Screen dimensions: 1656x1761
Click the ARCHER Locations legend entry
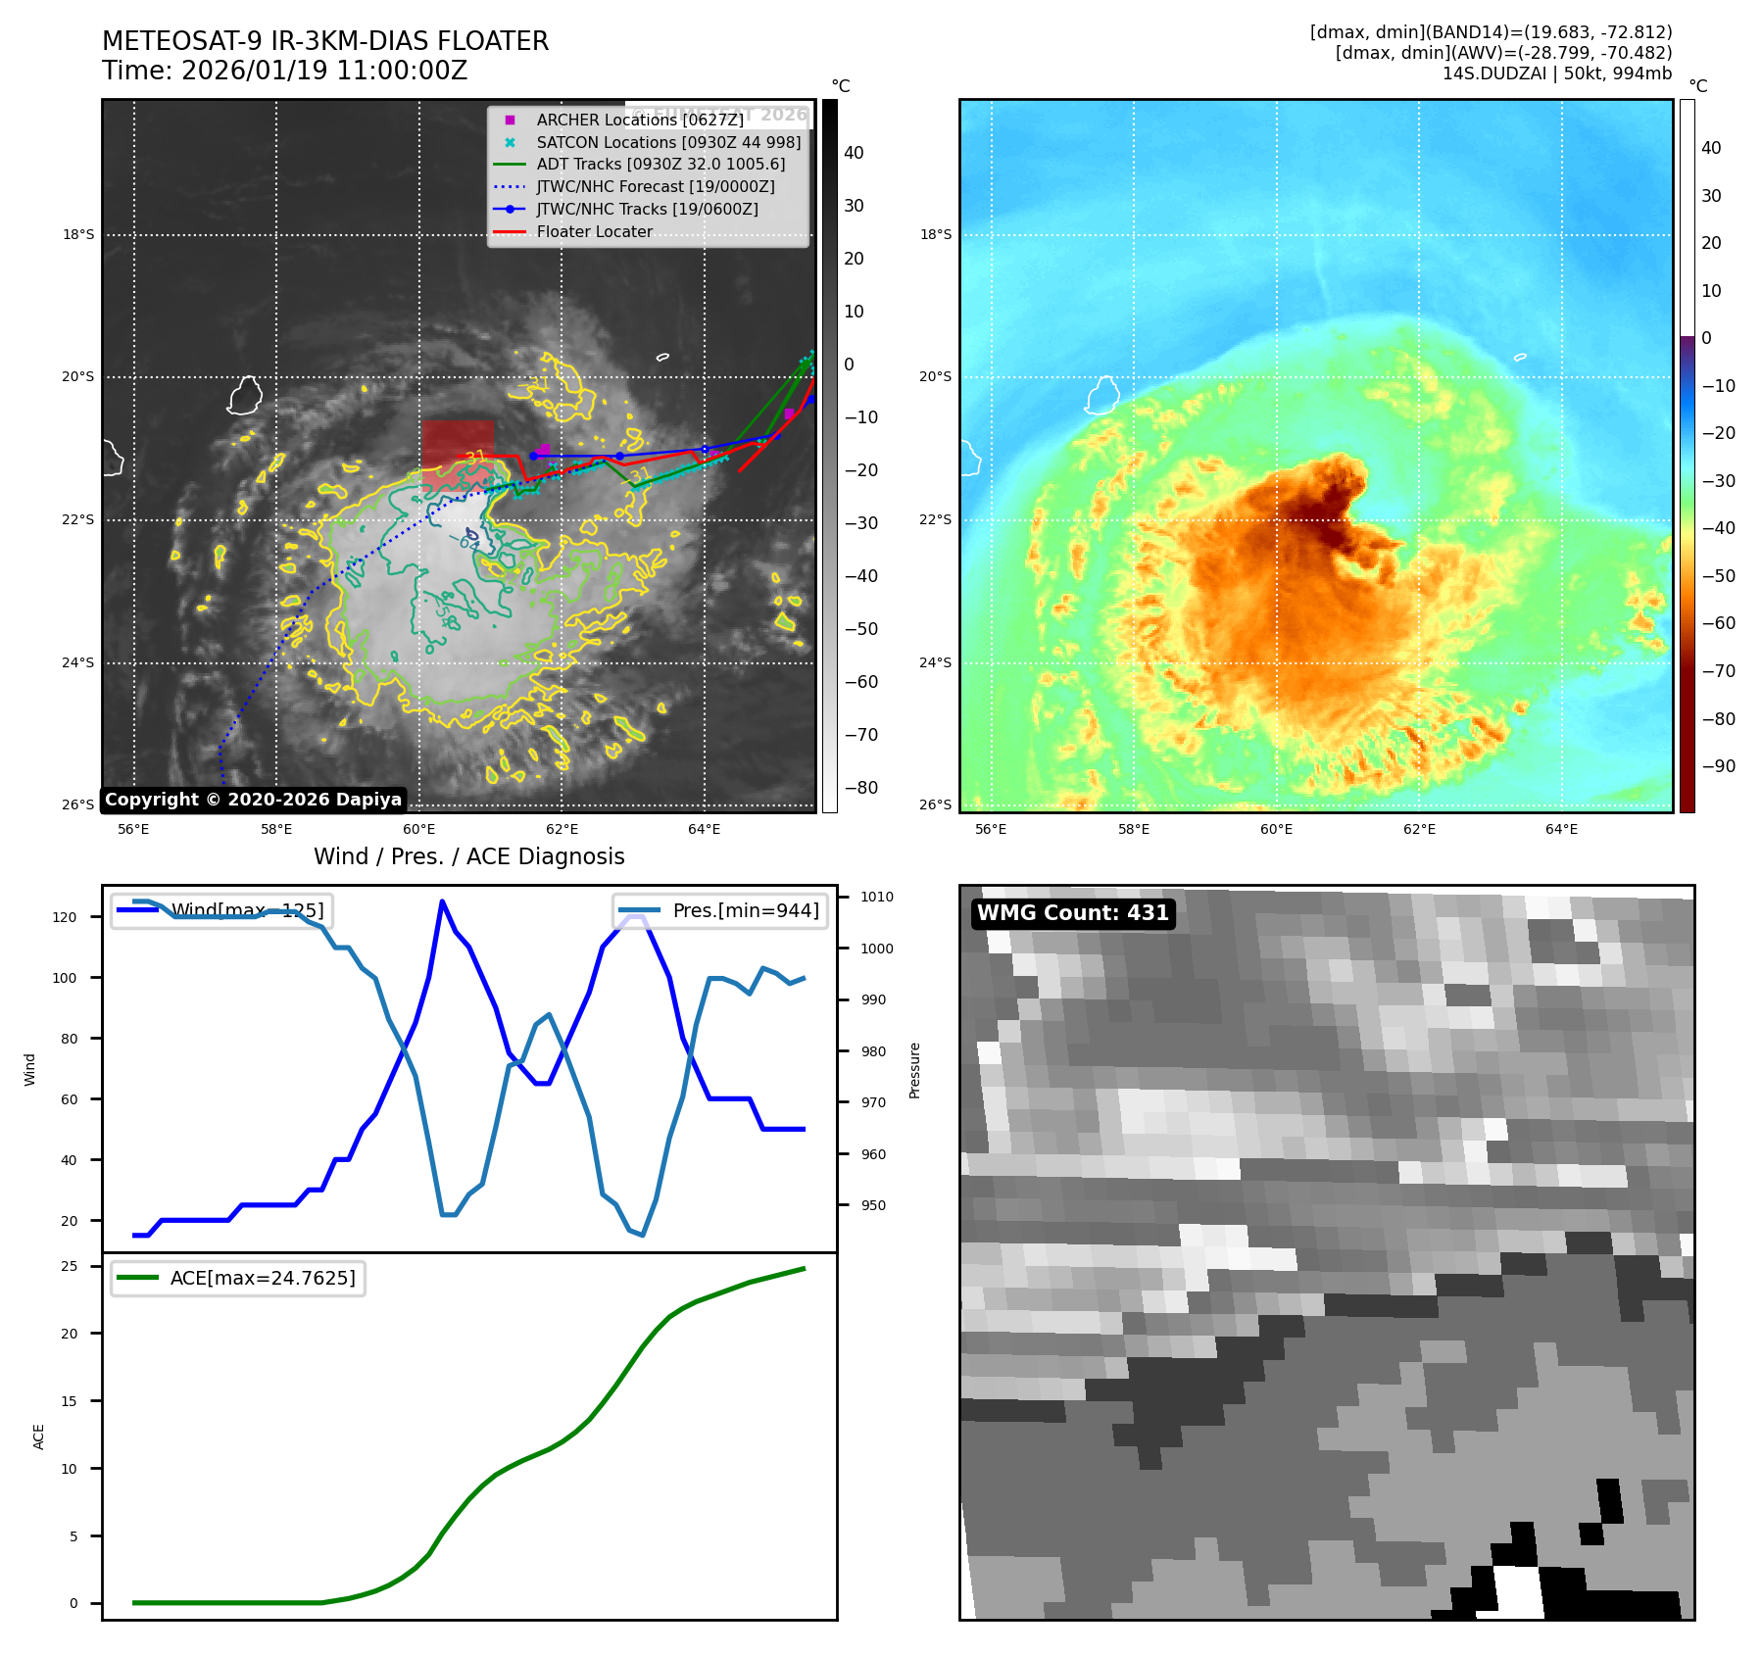coord(639,120)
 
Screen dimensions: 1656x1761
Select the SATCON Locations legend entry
coord(667,142)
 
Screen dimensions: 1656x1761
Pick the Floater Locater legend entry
coord(594,231)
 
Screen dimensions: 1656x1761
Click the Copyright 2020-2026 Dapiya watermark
coord(253,800)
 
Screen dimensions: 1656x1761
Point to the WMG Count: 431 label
coord(1072,913)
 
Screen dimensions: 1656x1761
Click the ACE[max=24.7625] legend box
coord(238,1278)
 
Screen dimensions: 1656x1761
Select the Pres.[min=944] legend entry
coord(720,910)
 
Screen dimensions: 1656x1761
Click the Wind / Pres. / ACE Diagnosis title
coord(468,856)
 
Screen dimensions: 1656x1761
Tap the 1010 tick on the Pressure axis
coord(876,897)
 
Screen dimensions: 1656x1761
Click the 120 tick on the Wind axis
coord(65,917)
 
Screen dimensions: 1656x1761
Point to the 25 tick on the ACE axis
coord(70,1266)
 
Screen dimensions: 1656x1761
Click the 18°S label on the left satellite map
coord(78,234)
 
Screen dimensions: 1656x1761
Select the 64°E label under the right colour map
coord(1561,829)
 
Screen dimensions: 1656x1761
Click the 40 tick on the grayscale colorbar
coord(854,153)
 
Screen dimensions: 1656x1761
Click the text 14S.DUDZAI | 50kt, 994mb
coord(1556,73)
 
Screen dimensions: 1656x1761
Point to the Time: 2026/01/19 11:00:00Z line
coord(284,71)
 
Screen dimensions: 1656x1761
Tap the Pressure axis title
coord(914,1070)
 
